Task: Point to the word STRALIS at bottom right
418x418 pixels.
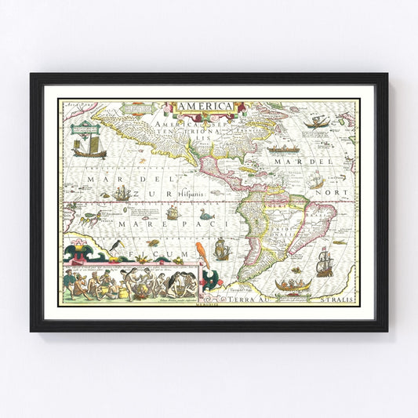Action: click(x=337, y=300)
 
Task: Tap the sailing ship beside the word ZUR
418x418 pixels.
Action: click(x=121, y=192)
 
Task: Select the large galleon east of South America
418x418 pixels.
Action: click(x=324, y=261)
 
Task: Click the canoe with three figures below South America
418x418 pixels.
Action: click(x=295, y=284)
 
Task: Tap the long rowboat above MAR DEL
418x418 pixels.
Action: click(x=283, y=148)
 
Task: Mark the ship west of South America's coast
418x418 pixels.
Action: click(x=223, y=249)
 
